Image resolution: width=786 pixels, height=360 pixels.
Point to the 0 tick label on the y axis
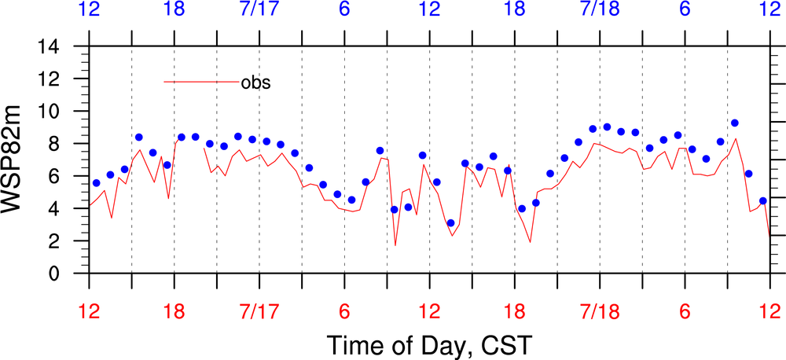(x=70, y=274)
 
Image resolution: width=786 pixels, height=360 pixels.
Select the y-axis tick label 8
(x=70, y=144)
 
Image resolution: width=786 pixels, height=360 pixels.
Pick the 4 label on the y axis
(x=70, y=209)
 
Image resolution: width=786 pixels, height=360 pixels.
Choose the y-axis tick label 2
(x=70, y=241)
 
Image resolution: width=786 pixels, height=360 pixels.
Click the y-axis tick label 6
(x=70, y=177)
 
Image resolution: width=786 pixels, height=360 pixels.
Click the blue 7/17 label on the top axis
(x=259, y=10)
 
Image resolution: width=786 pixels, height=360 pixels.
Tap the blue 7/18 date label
(x=599, y=10)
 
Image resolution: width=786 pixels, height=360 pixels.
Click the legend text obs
(x=255, y=82)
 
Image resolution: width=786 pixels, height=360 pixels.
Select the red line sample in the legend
(x=200, y=82)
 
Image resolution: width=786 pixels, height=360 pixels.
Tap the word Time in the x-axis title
(x=354, y=343)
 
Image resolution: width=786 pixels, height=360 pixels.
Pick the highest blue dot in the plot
(x=735, y=123)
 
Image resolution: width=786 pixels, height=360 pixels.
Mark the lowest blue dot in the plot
(x=450, y=223)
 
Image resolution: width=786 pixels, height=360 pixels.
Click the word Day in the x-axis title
(x=440, y=344)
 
